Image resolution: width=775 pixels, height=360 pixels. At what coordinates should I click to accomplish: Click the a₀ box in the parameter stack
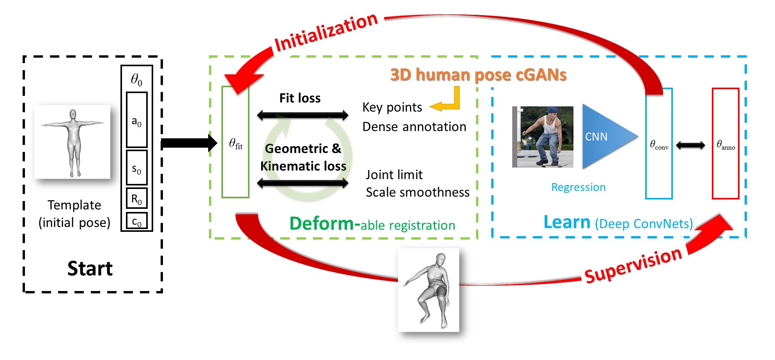click(136, 120)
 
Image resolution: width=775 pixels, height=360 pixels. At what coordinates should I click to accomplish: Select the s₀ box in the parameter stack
click(136, 168)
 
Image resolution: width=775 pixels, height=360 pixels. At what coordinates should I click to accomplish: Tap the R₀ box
click(136, 199)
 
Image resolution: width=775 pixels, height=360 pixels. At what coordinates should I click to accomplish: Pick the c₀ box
click(136, 221)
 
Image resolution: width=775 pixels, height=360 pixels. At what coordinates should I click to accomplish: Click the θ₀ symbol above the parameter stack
click(136, 79)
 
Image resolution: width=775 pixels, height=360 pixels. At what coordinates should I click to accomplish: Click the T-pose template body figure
click(73, 142)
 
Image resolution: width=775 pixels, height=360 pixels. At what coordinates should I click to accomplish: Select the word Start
click(90, 268)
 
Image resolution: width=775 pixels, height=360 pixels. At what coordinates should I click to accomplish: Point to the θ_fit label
click(235, 144)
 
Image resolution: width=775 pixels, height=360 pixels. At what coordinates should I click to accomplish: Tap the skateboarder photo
click(543, 137)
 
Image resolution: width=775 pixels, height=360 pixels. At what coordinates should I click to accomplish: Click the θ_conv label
click(659, 145)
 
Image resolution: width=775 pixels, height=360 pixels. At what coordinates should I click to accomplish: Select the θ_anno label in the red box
click(725, 145)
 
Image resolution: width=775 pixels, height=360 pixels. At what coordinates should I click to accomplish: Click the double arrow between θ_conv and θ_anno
click(690, 145)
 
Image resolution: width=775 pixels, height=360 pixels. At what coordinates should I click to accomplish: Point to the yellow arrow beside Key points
click(446, 102)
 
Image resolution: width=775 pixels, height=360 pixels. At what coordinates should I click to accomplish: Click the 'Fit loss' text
click(300, 98)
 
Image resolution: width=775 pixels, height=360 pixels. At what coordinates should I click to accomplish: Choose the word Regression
click(578, 187)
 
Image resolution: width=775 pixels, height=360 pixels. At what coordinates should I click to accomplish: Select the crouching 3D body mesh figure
click(428, 290)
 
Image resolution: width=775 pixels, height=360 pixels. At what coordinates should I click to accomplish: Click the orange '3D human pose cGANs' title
click(478, 75)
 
